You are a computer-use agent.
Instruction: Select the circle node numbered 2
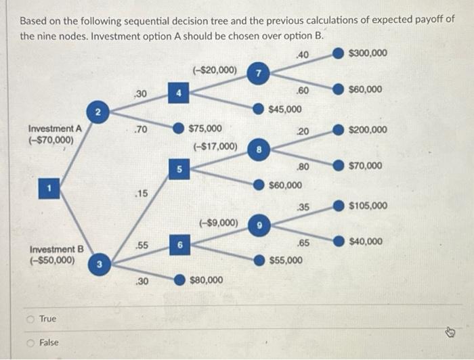[x=98, y=110]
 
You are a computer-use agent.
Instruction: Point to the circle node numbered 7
[x=257, y=73]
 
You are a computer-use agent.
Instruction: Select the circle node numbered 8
[x=257, y=150]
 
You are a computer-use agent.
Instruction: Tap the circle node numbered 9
[x=257, y=225]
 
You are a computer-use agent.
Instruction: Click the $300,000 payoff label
[x=368, y=53]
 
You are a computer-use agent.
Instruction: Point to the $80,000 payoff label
[x=207, y=279]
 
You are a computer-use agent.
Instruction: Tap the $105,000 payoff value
[x=368, y=205]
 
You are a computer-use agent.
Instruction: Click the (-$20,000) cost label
[x=215, y=69]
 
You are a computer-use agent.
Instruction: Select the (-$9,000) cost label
[x=218, y=222]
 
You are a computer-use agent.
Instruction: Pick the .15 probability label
[x=141, y=194]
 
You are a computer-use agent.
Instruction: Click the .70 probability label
[x=141, y=129]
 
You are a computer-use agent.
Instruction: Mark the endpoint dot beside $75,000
[x=177, y=128]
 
